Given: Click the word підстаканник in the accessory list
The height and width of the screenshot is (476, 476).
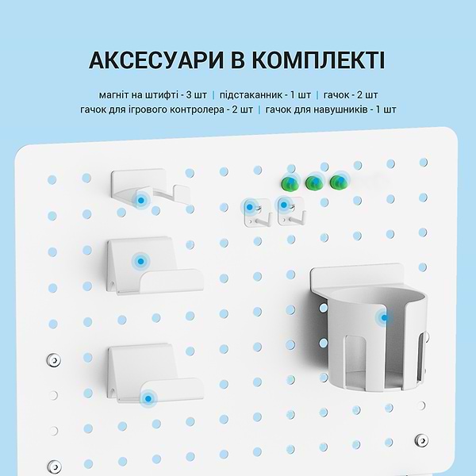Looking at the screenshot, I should point(252,94).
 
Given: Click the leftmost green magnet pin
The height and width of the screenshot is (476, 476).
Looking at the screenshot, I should point(287,183).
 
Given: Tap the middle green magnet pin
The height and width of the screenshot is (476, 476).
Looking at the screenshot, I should point(313,183).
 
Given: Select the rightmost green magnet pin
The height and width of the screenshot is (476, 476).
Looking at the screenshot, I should point(340,183).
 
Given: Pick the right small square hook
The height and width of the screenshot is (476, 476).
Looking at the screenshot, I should point(287,211).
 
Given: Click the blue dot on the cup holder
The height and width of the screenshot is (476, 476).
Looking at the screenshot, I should point(385,318).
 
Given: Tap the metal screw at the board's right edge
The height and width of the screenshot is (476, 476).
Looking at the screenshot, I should point(420,438).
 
